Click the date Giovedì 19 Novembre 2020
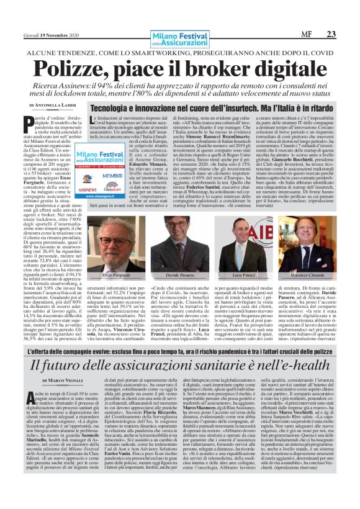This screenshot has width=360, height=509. tap(50, 35)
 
